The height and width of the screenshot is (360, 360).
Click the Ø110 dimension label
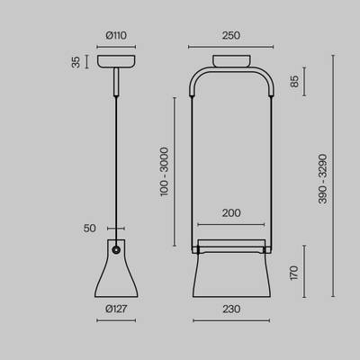click(116, 35)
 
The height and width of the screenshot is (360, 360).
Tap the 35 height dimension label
click(76, 62)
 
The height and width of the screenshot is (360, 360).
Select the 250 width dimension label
click(231, 35)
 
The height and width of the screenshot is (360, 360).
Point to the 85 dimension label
click(294, 81)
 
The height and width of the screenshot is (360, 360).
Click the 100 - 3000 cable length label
click(164, 172)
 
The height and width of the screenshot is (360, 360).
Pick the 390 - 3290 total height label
click(322, 179)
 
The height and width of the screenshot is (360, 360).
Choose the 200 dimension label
click(231, 213)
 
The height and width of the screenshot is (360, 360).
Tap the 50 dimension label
click(89, 229)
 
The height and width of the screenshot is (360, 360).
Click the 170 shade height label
click(294, 273)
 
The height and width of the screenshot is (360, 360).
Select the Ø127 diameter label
click(116, 309)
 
